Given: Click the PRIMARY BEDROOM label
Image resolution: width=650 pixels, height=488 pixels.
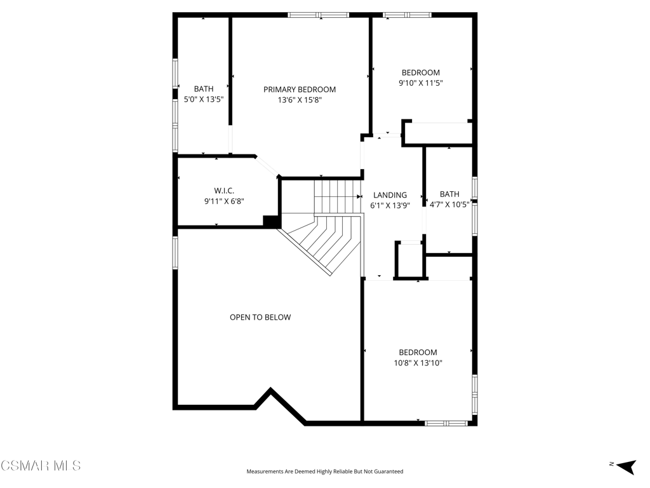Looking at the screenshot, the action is point(300,89).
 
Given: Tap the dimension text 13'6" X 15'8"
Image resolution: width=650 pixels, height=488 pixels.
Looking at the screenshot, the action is point(300,100).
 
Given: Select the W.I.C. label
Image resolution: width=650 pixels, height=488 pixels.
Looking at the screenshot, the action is point(224,191).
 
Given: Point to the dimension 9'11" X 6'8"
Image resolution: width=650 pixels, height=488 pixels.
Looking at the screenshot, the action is point(224,201).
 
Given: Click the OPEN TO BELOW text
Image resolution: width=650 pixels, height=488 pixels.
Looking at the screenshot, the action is point(260,318).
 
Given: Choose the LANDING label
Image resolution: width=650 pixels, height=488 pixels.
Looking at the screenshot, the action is point(390,195).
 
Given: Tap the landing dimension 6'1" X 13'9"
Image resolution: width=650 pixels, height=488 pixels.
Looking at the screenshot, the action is point(390,205).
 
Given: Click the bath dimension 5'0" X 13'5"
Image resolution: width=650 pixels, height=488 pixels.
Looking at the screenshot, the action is point(204,100).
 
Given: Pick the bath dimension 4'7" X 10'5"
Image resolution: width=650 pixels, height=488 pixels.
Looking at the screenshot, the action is point(449,205).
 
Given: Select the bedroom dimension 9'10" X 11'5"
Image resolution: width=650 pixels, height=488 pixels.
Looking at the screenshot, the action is point(421,83).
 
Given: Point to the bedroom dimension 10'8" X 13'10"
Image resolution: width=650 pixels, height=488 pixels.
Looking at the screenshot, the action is point(418,363).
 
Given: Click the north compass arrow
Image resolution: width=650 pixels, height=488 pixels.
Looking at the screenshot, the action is point(626,466).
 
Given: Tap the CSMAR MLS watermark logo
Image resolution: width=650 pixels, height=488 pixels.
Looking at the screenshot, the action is point(41,466).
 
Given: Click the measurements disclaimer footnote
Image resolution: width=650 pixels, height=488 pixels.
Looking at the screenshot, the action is point(325,471).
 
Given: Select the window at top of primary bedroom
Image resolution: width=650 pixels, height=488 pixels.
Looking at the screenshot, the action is point(319,15).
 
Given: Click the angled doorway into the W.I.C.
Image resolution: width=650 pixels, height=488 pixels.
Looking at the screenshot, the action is point(267,167).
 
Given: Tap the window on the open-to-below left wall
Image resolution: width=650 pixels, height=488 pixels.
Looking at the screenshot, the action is point(175,253).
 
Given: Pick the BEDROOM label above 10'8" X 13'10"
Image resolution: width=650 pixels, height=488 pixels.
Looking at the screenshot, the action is point(418,352).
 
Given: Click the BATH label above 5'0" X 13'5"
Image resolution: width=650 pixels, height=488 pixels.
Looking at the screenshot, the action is point(204,89).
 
